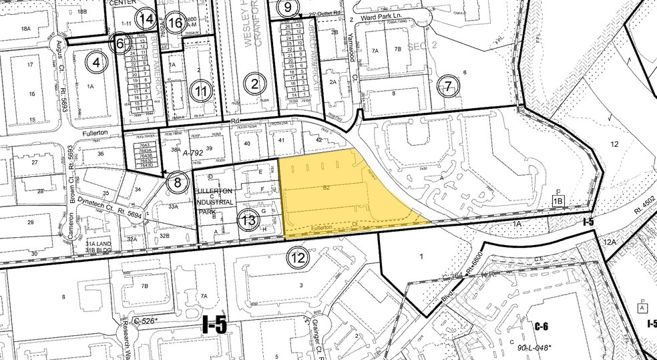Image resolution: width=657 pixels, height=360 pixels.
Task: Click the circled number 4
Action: click(98, 63)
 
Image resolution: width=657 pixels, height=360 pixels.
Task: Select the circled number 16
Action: click(176, 23)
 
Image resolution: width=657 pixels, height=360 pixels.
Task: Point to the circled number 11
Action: click(201, 91)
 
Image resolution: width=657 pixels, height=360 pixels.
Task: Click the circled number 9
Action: click(288, 7)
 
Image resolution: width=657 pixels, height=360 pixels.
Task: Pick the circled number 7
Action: click(448, 86)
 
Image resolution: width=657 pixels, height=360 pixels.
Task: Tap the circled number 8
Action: click(177, 181)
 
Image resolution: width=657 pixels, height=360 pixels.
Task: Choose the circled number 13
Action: click(249, 220)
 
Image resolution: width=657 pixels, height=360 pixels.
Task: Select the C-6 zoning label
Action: click(541, 326)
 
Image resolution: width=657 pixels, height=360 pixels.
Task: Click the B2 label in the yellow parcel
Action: click(326, 188)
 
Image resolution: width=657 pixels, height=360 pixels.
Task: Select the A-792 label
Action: click(192, 152)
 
